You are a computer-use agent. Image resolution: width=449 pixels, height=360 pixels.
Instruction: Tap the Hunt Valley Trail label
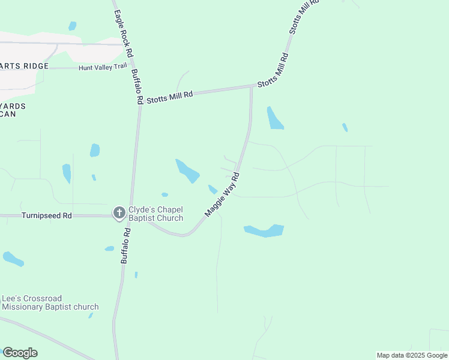point(103,68)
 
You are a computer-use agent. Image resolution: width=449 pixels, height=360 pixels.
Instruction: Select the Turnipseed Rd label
point(46,215)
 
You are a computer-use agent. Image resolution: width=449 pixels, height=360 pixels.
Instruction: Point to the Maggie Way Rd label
point(222,194)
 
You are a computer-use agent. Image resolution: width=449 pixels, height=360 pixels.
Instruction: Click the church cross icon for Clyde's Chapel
point(119,212)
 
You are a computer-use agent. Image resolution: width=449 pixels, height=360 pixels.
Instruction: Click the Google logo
point(20,352)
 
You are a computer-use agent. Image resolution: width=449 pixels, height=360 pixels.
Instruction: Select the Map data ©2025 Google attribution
point(412,355)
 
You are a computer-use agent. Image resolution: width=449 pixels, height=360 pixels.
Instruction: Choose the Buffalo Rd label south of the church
point(126,246)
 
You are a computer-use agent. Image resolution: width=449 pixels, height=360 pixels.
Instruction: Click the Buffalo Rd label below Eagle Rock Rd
point(137,86)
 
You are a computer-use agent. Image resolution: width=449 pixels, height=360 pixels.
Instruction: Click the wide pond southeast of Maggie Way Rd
point(264,230)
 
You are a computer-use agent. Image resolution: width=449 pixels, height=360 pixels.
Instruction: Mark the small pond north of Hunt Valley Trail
point(73,26)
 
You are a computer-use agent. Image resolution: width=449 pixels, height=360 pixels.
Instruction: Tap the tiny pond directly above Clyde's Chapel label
point(164,194)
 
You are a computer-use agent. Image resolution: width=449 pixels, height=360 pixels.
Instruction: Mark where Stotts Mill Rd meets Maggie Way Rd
point(251,87)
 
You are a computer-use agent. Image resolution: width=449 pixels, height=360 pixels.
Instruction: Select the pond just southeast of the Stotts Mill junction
point(275,118)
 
